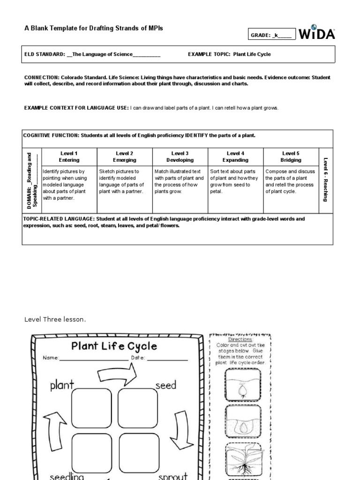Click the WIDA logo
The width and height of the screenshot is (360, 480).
click(x=317, y=33)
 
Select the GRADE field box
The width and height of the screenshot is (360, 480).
click(x=272, y=34)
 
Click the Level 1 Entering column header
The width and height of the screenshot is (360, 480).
click(x=69, y=157)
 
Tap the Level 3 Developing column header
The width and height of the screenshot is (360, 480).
click(x=180, y=157)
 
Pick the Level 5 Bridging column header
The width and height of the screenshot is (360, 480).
click(x=291, y=157)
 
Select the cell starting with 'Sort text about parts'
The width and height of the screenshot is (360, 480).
click(x=235, y=181)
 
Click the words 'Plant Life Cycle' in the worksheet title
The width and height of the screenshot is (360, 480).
click(x=114, y=346)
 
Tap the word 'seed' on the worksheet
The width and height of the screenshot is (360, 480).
click(x=165, y=385)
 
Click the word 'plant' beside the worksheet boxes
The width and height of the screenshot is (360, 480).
click(x=62, y=385)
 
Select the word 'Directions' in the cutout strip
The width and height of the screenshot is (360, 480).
click(x=240, y=339)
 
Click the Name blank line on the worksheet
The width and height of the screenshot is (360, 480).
click(x=94, y=359)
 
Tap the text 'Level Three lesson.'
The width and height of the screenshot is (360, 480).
click(x=55, y=320)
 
